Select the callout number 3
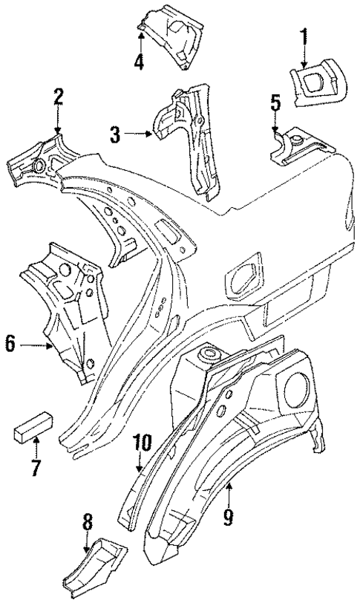[x=115, y=134]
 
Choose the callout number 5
[x=275, y=102]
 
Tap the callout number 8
[x=88, y=524]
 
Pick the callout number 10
[x=142, y=443]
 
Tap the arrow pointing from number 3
[x=138, y=134]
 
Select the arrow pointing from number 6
[x=34, y=345]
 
